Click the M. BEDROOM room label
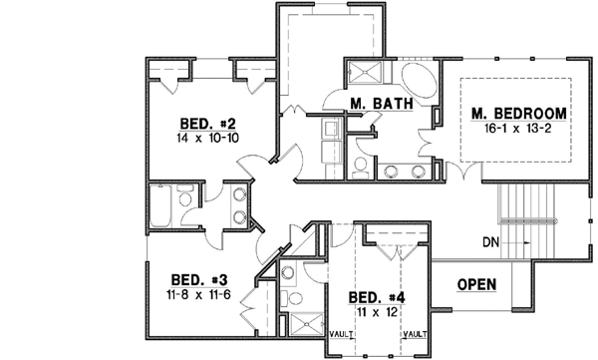(519, 113)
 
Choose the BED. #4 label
(377, 297)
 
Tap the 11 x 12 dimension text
(377, 312)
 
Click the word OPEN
(476, 284)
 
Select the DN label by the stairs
(489, 241)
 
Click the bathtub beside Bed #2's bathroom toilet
(158, 207)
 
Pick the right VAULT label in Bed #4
(418, 333)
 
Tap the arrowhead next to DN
(522, 241)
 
